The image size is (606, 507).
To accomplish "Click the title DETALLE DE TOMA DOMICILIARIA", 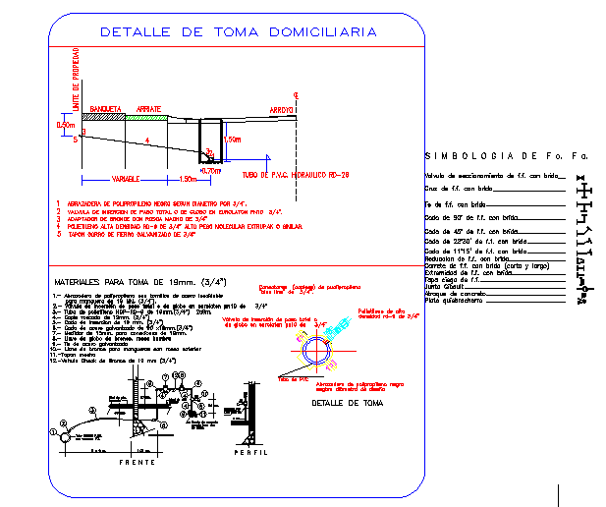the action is tap(239, 31).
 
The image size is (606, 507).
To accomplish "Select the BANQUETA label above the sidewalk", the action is tap(105, 108).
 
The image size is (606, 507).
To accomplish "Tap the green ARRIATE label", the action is tap(149, 108).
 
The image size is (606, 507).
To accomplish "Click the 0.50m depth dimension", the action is tap(66, 125).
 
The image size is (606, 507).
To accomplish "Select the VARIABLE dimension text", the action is tap(124, 179).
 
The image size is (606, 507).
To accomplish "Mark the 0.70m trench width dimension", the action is tap(208, 170).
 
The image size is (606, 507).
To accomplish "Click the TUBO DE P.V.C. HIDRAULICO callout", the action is tap(282, 174).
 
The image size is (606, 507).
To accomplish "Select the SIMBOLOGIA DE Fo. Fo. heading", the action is tap(506, 155).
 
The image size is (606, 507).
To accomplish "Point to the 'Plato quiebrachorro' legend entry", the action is tap(457, 301).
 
